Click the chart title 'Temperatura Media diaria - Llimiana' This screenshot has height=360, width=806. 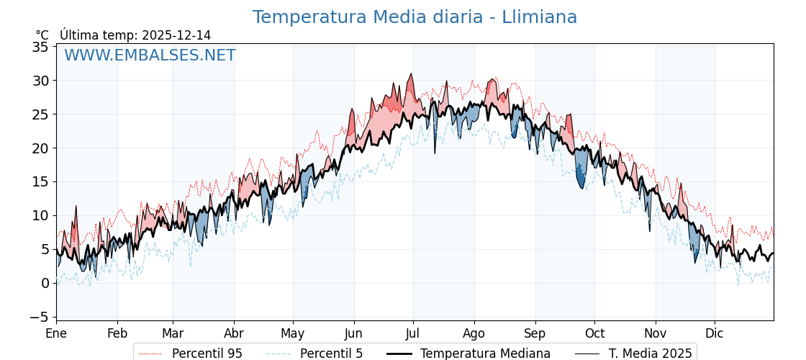(415, 17)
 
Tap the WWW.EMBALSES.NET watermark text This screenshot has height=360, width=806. (150, 55)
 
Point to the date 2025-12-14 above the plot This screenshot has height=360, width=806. (176, 35)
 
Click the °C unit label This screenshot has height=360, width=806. (42, 35)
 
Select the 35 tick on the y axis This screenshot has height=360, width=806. (40, 47)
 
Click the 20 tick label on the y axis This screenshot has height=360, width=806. (40, 148)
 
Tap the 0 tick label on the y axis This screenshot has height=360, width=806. (45, 283)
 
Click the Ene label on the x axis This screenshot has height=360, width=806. (56, 333)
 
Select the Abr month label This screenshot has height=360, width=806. (233, 333)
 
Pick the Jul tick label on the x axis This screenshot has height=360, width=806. (413, 333)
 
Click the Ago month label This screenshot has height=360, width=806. (474, 333)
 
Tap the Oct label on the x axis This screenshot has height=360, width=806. (594, 333)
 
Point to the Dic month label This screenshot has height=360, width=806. (715, 333)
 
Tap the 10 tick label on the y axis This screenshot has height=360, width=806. (40, 215)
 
